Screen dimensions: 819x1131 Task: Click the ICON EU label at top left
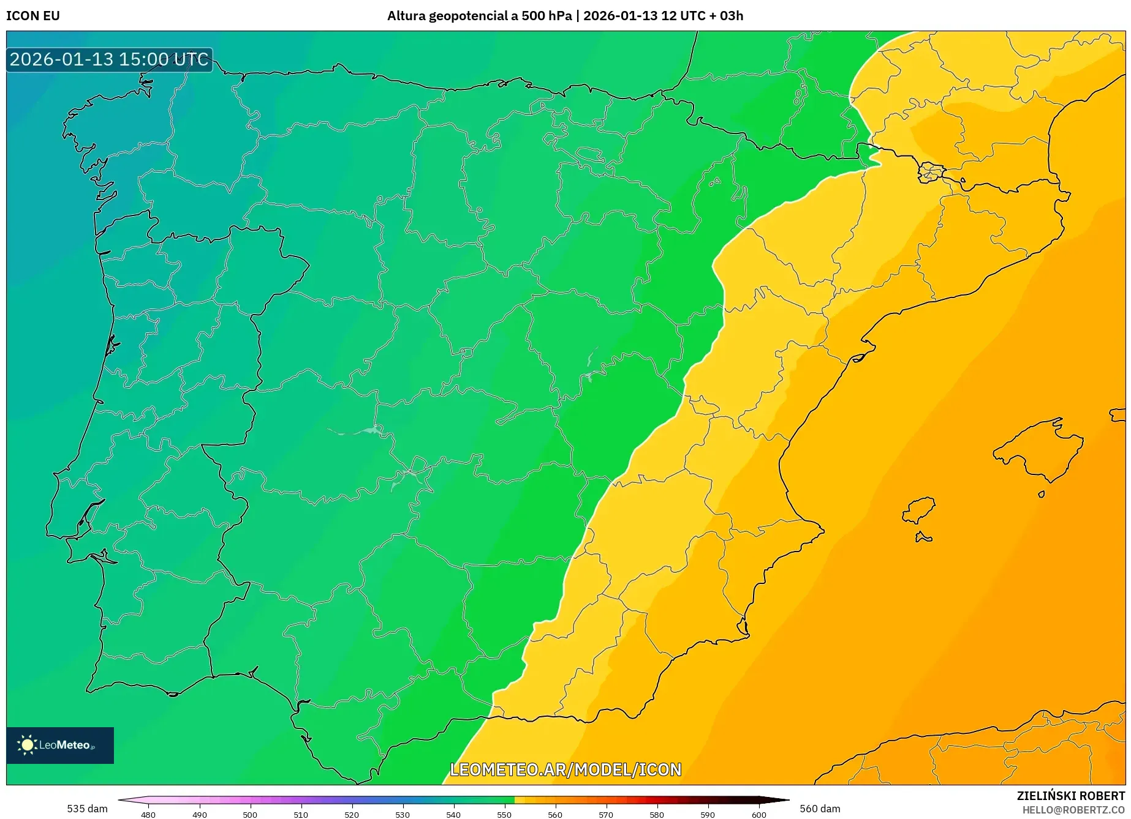33,16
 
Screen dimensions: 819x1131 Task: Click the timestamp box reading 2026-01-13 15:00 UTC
109,59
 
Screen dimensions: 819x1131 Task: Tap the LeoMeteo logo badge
60,745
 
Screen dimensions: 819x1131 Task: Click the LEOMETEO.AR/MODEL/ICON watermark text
565,769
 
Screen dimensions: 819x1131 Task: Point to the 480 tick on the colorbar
148,814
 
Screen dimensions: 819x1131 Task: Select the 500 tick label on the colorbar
250,814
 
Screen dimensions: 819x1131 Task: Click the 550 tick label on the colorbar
504,814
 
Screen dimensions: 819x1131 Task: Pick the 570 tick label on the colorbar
606,814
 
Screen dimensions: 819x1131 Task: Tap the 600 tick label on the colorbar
758,814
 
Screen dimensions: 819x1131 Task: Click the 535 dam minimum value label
87,809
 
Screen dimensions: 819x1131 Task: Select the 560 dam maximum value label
820,809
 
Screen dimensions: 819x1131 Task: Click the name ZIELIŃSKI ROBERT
1071,796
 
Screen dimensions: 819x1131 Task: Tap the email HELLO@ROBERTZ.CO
1073,810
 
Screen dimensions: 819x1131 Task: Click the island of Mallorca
1038,450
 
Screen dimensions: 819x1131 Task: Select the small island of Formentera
923,537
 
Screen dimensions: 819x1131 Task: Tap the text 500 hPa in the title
547,16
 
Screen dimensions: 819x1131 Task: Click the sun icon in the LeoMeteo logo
27,745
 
